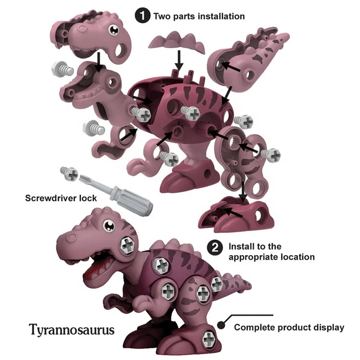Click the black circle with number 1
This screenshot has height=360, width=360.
142,16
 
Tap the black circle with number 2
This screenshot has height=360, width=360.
216,247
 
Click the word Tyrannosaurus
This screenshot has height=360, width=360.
72,329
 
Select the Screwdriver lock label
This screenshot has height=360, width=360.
61,197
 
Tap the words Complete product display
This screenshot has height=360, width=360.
289,328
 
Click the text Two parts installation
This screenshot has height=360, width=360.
199,16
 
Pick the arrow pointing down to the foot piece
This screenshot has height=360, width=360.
243,191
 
